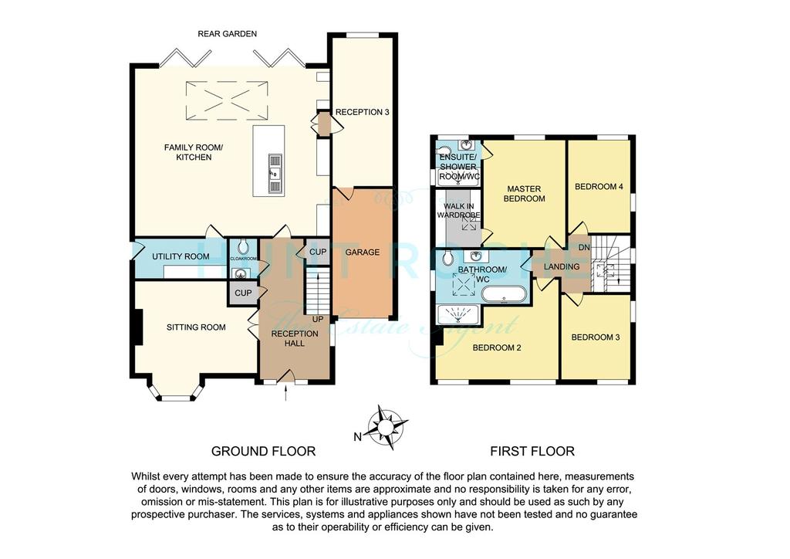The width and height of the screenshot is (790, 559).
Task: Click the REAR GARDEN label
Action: tap(228, 34)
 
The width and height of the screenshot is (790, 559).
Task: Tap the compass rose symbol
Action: tap(387, 428)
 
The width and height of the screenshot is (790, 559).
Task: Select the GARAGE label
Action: tap(363, 252)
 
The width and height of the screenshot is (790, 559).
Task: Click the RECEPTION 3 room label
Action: tap(363, 112)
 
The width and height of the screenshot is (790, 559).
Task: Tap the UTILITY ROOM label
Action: tap(181, 256)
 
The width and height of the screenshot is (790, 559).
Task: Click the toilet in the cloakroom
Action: tap(243, 246)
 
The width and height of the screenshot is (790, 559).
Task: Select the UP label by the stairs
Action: tap(318, 319)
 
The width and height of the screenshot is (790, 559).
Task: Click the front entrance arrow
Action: tap(286, 394)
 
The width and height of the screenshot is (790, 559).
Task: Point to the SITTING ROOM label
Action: tap(196, 327)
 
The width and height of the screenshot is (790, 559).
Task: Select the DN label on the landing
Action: tap(584, 248)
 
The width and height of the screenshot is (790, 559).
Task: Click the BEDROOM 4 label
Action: tap(599, 187)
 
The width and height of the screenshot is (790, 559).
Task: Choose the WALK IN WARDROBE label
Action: tap(458, 211)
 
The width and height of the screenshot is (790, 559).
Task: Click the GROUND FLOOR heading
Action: tap(264, 451)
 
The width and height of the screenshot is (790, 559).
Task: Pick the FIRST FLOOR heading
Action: tap(532, 451)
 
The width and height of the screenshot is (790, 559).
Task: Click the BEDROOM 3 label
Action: tap(596, 337)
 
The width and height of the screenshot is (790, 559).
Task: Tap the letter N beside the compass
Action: tap(358, 437)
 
